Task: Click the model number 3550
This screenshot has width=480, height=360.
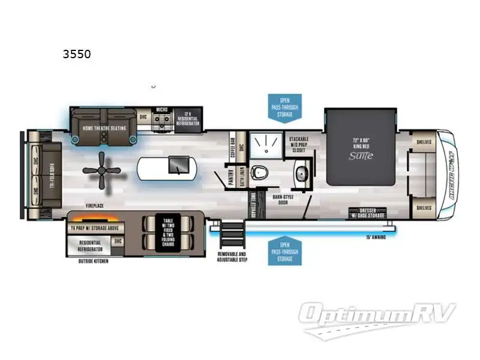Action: (77, 54)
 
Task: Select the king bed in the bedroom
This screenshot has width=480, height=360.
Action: (361, 147)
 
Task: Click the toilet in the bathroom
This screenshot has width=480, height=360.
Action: (259, 172)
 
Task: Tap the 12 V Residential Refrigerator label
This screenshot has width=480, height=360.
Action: (188, 116)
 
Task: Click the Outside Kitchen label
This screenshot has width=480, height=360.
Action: (93, 262)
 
